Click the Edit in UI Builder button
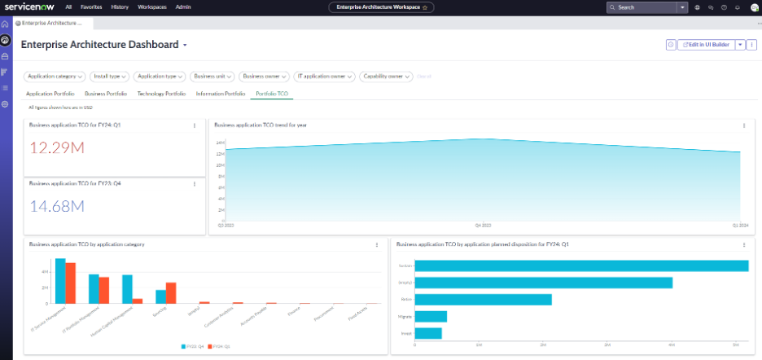[707, 45]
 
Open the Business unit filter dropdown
[212, 77]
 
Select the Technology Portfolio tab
[161, 94]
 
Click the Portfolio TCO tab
[272, 94]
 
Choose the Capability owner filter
[386, 77]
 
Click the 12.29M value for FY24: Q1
[56, 147]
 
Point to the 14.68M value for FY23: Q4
[56, 206]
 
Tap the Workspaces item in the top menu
[151, 7]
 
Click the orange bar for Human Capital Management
[138, 300]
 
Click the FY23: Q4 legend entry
[193, 346]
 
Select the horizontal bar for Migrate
[431, 316]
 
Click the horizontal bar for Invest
[428, 333]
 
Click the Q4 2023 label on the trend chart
[484, 224]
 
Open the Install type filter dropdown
[109, 77]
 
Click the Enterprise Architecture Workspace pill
[381, 7]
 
